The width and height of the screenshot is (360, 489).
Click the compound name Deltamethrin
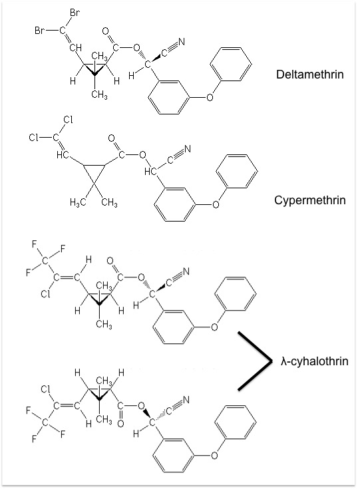(310, 75)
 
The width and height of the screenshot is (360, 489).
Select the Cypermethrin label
(310, 200)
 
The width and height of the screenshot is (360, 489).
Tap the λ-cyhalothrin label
(314, 361)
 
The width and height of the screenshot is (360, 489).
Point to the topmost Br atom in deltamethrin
(75, 13)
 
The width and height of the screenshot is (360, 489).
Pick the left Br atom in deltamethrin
(39, 31)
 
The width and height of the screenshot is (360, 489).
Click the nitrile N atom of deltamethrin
(181, 42)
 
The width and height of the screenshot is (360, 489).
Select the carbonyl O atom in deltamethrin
(105, 31)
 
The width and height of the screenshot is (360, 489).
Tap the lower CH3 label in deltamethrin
(100, 94)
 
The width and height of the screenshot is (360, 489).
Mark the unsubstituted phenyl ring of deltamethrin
(231, 64)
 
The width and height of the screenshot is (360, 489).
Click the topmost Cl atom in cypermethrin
(68, 120)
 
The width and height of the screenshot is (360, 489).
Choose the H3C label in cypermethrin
(78, 203)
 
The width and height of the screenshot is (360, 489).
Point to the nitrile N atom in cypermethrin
(187, 149)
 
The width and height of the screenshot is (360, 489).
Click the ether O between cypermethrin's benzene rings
(216, 205)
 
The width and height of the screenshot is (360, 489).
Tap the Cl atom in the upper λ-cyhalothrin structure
(45, 294)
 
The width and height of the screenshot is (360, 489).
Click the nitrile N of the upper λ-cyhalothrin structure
(186, 272)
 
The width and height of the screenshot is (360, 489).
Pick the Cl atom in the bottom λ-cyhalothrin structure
(45, 389)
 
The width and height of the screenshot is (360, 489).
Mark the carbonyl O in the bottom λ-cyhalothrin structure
(120, 424)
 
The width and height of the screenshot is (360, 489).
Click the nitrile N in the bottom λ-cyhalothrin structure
(186, 400)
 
